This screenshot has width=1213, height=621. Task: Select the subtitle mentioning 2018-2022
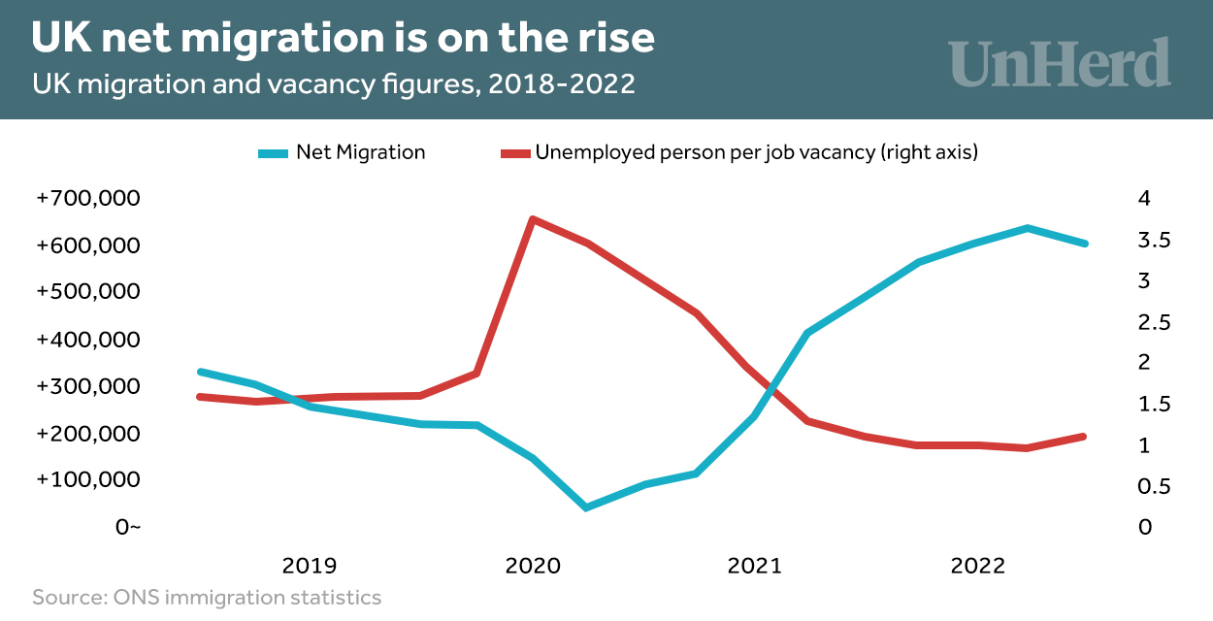coord(334,83)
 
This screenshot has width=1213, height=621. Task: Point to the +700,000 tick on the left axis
coord(88,198)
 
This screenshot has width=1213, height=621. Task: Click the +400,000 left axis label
coord(88,340)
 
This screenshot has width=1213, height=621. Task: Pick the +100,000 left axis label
coord(88,480)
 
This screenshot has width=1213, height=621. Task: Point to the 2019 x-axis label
coord(310,566)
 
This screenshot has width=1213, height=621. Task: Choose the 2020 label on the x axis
coord(533,566)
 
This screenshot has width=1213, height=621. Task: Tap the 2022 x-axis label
coord(979,566)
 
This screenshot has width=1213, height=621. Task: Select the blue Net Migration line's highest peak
coord(1027,228)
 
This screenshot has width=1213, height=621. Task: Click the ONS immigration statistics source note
coord(207,597)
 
